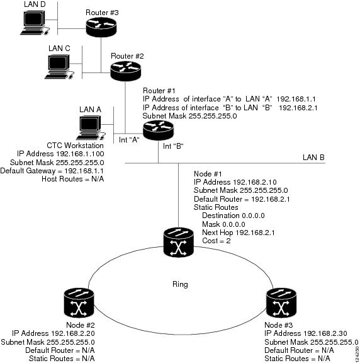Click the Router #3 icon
[x=101, y=27]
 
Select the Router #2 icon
[x=125, y=71]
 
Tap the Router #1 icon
[x=158, y=130]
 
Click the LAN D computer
[x=35, y=23]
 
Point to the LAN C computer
[x=59, y=66]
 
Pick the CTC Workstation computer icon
[x=91, y=127]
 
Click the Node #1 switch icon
[x=178, y=243]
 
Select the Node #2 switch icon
[x=79, y=302]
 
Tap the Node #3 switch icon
[x=281, y=302]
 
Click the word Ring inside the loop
[x=180, y=284]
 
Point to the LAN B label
[x=313, y=158]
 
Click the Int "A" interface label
[x=129, y=140]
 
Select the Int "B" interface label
[x=173, y=146]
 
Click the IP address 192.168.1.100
[x=80, y=154]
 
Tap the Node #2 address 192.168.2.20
[x=73, y=333]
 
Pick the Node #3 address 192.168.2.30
[x=325, y=333]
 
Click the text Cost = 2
[x=217, y=241]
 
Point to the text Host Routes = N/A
[x=73, y=179]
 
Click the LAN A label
[x=90, y=110]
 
